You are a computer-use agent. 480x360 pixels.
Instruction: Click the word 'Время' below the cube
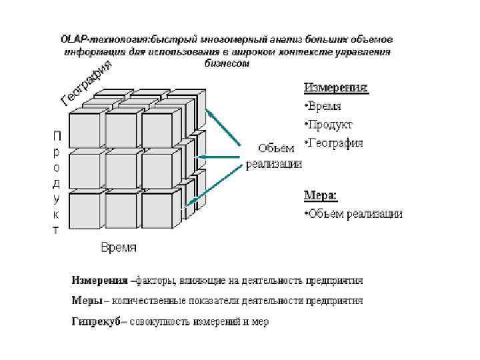click(x=119, y=247)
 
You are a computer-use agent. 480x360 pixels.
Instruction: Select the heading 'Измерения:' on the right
click(x=336, y=87)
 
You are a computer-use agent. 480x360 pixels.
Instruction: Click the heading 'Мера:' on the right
click(x=321, y=196)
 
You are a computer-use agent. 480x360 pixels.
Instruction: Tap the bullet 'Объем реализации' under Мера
click(x=353, y=214)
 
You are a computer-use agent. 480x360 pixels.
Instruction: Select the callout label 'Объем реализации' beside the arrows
click(x=274, y=157)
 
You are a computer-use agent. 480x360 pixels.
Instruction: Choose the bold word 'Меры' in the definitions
click(x=87, y=301)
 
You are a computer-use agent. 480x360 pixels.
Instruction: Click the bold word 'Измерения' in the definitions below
click(x=99, y=279)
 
